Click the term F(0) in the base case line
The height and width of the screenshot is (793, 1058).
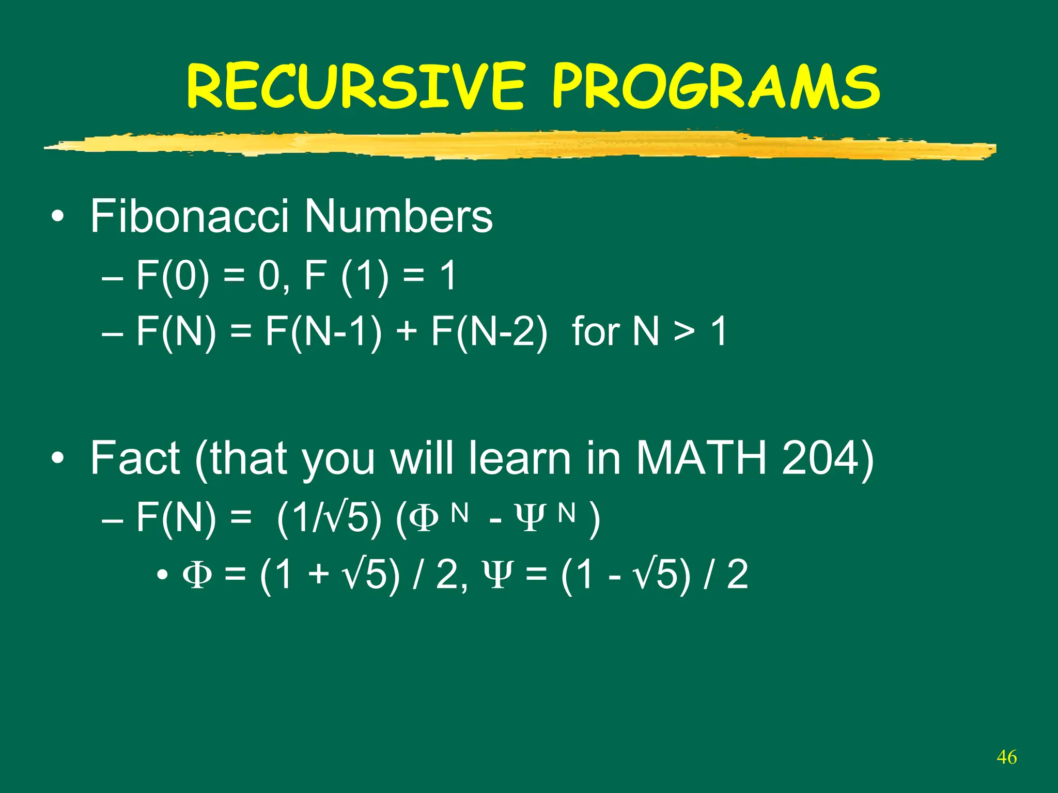coord(173,276)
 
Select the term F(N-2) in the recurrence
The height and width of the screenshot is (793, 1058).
coord(489,331)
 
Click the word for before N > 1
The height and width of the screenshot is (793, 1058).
coord(596,331)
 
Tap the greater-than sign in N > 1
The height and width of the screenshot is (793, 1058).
coord(683,331)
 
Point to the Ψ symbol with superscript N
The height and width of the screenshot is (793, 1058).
coord(528,519)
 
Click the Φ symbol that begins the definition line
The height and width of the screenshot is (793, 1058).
coord(197,576)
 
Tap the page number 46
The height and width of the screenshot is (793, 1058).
coord(1007,757)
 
